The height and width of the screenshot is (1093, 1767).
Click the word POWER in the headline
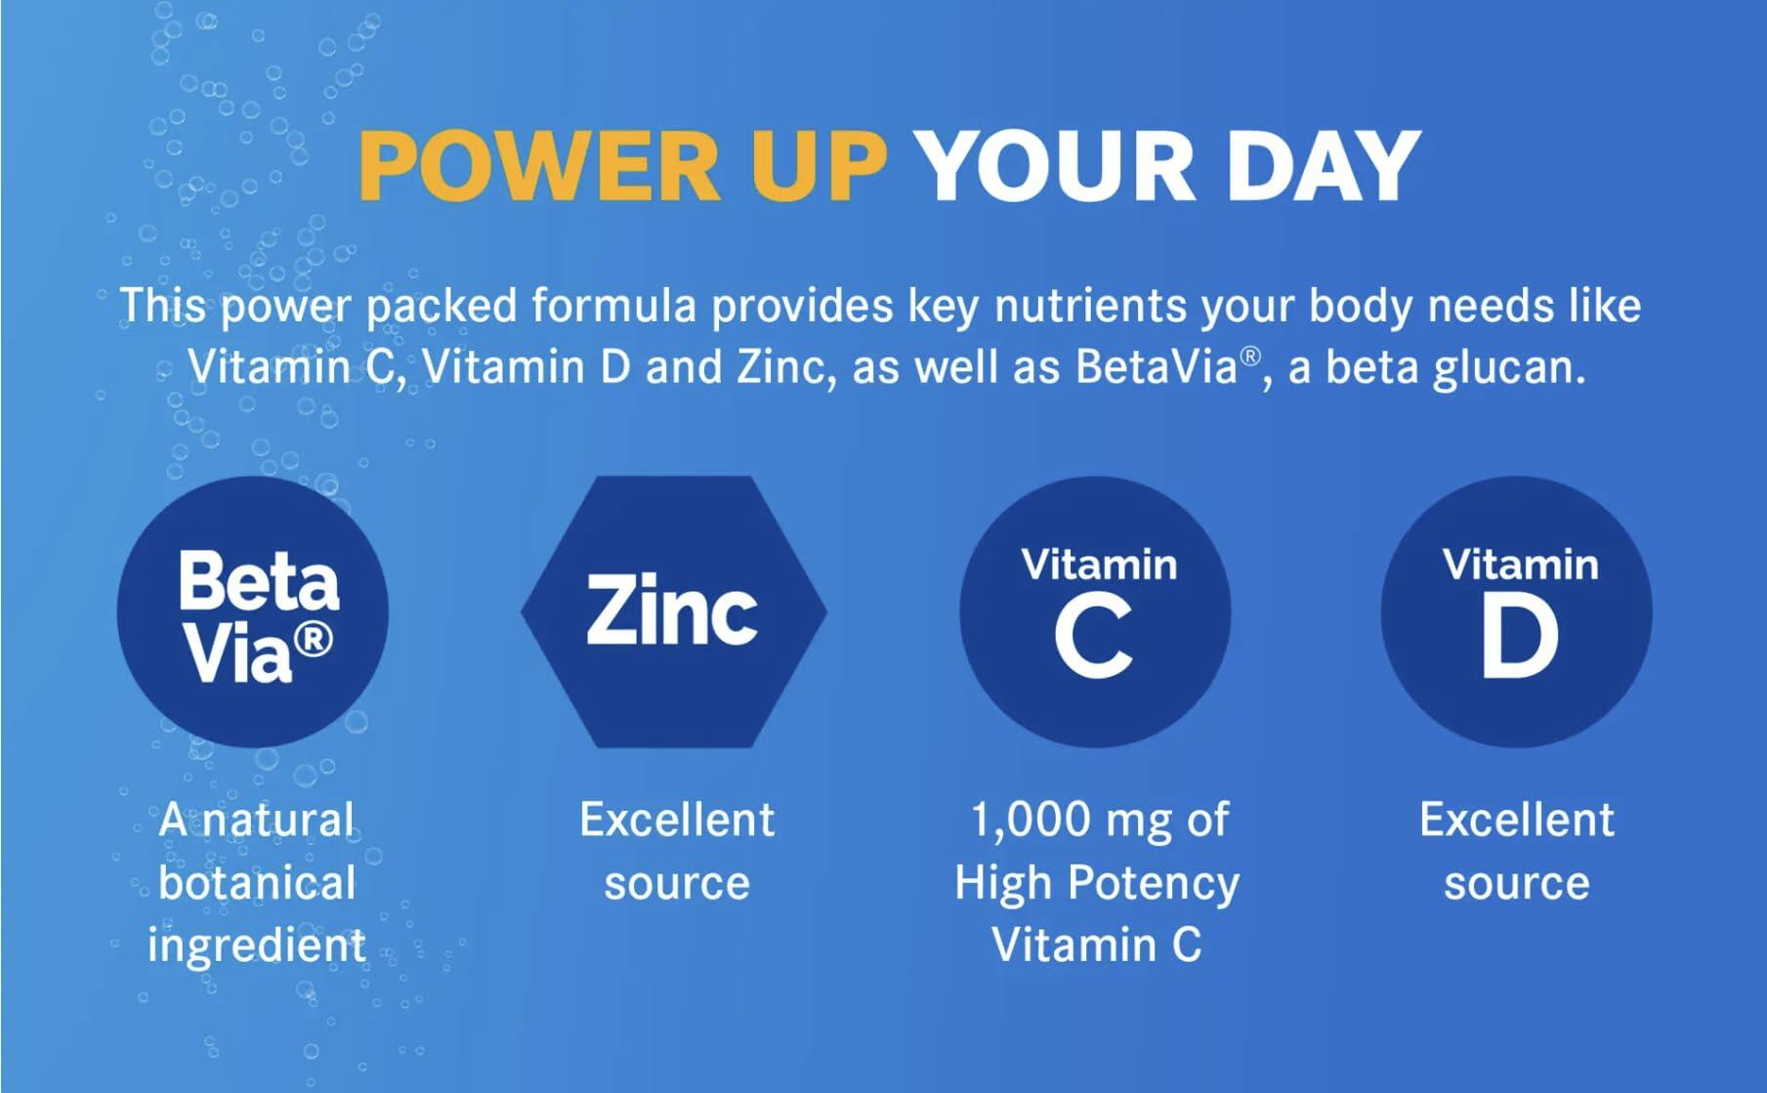(539, 165)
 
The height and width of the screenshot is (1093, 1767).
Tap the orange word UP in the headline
(818, 165)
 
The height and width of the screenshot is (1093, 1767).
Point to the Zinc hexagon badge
(674, 612)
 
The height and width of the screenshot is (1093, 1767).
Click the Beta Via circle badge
(253, 612)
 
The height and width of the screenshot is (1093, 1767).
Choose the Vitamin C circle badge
(1095, 612)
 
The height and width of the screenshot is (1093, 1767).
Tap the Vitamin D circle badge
(1517, 612)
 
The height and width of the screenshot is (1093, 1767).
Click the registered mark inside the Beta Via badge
(314, 639)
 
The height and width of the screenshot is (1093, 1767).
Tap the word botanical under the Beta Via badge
(257, 883)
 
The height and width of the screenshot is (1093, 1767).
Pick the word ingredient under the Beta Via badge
(257, 946)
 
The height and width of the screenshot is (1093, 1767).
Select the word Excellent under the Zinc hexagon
(677, 820)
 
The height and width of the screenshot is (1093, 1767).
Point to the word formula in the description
(614, 306)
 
